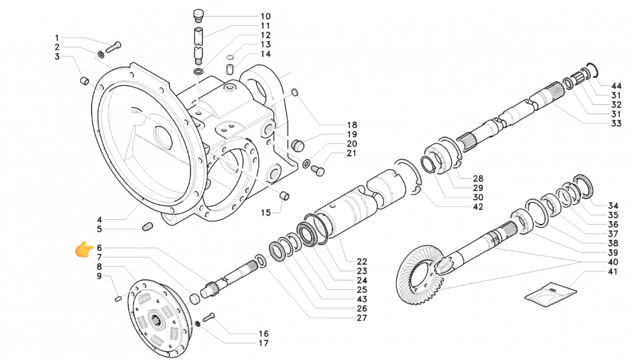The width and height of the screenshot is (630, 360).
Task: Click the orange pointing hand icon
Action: [85, 250]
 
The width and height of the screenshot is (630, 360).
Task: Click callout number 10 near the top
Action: [266, 16]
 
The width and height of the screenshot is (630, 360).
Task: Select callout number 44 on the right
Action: [616, 86]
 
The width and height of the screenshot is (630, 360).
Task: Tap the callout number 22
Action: [362, 262]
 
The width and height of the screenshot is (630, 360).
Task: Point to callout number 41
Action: [613, 271]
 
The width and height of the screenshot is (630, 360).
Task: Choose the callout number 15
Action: [266, 213]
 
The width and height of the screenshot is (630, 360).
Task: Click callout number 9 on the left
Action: [99, 276]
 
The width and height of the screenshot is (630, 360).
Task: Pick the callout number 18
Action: [352, 125]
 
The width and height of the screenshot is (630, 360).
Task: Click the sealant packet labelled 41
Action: [551, 292]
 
